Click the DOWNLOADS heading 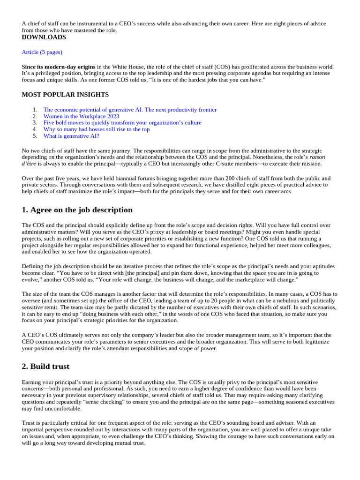coord(44,37)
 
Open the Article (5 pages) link coord(42,52)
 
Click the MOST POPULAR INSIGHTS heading coord(65,95)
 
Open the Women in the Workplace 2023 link coord(81,116)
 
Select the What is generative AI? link coord(71,136)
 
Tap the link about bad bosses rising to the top coord(97,129)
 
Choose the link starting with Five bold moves coord(122,123)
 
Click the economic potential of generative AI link coord(130,110)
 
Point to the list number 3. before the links coord(35,123)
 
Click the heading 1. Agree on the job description coord(77,210)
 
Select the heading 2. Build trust coord(45,366)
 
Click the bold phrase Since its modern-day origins coord(59,67)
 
